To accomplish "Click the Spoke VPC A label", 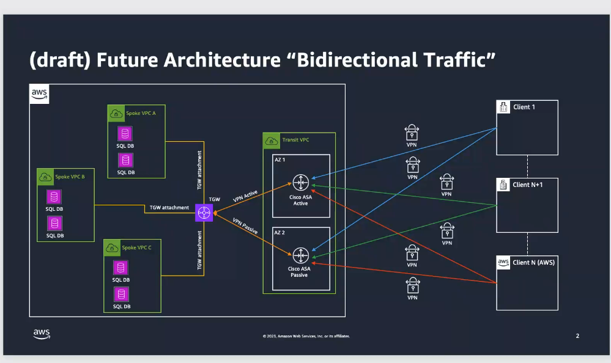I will (x=141, y=113).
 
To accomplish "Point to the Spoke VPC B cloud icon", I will (x=45, y=177).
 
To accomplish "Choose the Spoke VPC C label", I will (x=137, y=248).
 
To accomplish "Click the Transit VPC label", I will (x=295, y=140).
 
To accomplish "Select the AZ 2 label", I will (x=280, y=233).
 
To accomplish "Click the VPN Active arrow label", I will (x=246, y=197).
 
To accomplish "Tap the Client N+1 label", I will (x=527, y=185).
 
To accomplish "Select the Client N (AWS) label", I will (x=534, y=262).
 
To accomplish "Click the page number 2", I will (x=577, y=335).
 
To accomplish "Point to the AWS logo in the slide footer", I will (x=42, y=334).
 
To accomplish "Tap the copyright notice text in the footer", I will (x=306, y=336).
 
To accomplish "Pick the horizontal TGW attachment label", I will (x=169, y=208).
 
